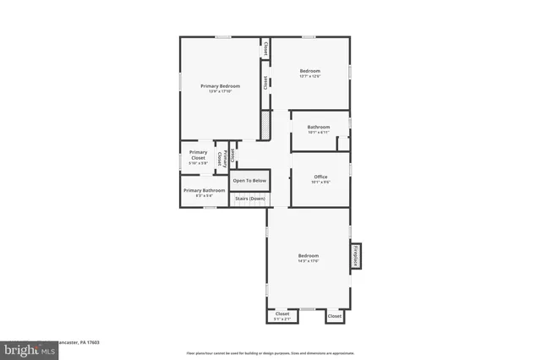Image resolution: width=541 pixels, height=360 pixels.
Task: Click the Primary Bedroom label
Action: [x=220, y=85]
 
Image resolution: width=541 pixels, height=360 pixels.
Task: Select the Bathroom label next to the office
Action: [x=319, y=127]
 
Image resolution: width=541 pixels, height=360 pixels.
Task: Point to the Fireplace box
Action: [x=356, y=256]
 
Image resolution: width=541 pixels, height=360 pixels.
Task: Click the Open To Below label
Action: [x=249, y=181]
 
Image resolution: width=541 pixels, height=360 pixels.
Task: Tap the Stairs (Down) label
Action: [x=249, y=199]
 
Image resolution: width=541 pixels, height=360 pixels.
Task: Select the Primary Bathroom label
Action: [x=204, y=190]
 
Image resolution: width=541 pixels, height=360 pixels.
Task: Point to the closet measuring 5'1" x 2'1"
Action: [x=282, y=314]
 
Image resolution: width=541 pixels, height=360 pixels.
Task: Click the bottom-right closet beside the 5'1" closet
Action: [x=335, y=315]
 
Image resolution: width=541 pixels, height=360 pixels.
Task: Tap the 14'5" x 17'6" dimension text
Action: [x=308, y=261]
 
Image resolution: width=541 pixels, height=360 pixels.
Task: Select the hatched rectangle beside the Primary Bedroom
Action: [x=265, y=126]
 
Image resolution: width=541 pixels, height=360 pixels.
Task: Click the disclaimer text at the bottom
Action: [x=270, y=352]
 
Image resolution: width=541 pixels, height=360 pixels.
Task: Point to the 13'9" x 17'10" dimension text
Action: [x=220, y=91]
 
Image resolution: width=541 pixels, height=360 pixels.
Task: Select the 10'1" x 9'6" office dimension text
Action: [x=320, y=182]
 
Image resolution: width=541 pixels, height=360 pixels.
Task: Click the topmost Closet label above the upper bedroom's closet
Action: [x=265, y=48]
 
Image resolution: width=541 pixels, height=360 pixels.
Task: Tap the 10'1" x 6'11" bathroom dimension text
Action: [x=319, y=133]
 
